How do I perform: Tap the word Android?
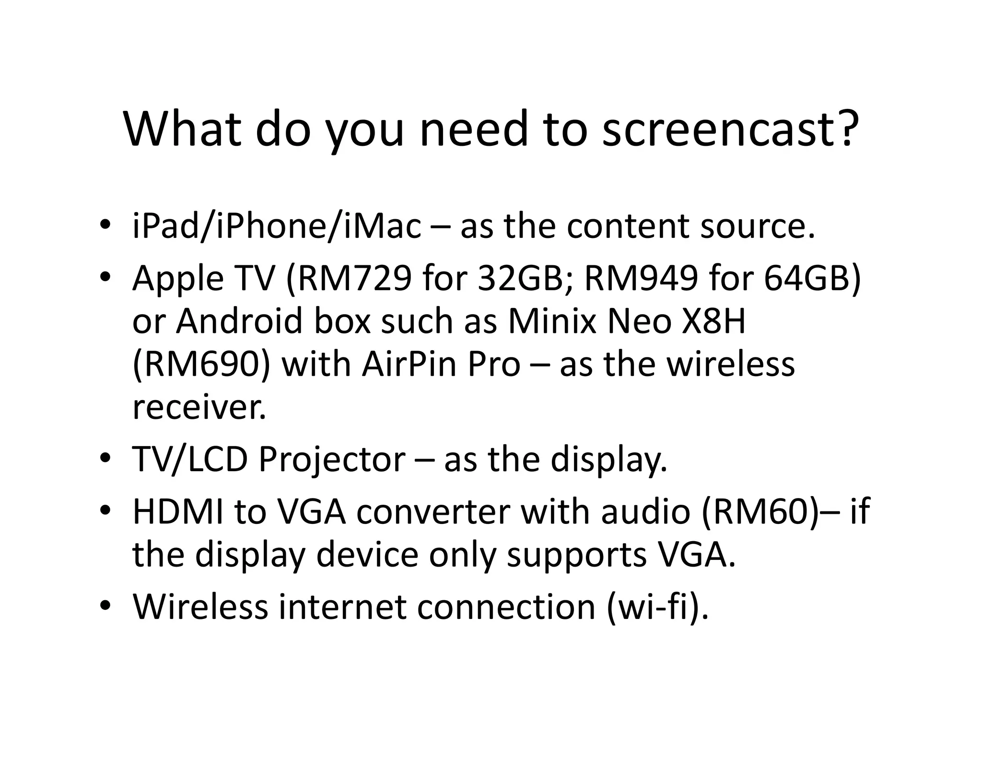[x=239, y=321]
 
